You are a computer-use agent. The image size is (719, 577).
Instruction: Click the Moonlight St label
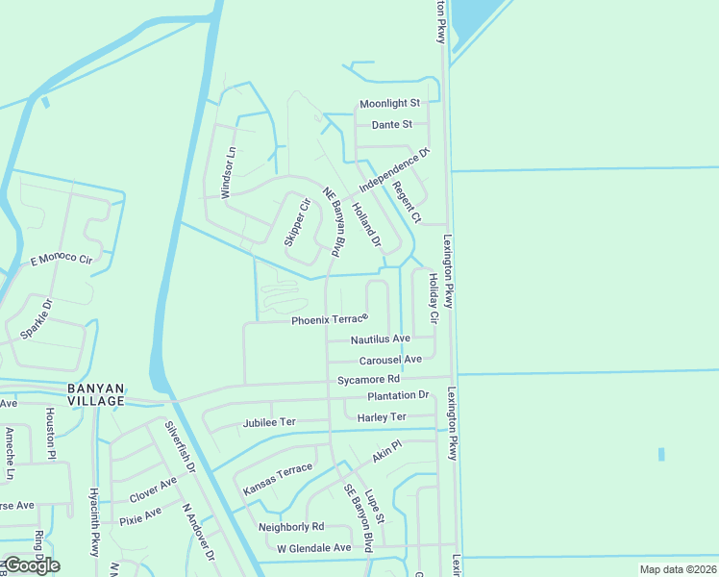click(389, 103)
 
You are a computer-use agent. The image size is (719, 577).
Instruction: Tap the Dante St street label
click(392, 125)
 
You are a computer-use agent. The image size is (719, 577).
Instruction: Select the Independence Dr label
click(393, 169)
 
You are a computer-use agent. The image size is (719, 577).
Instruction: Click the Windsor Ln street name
click(228, 173)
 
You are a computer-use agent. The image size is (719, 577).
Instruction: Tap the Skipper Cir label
click(297, 222)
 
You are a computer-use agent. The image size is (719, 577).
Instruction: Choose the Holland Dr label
click(366, 226)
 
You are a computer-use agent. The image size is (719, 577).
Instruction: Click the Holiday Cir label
click(434, 298)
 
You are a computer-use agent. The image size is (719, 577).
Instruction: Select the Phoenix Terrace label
click(330, 318)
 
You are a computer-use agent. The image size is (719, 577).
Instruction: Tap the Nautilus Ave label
click(380, 339)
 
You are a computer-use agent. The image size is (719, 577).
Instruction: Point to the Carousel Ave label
click(390, 360)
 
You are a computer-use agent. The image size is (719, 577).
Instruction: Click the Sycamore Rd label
click(367, 380)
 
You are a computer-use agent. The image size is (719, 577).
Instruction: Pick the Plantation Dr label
click(398, 395)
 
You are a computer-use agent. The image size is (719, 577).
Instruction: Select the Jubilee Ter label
click(269, 422)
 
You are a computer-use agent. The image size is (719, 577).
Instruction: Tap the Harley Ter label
click(382, 417)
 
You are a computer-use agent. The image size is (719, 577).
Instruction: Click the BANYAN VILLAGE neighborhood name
click(96, 394)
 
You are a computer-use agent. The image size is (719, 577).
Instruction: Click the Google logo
click(31, 565)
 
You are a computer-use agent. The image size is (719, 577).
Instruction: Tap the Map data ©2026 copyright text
click(678, 569)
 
